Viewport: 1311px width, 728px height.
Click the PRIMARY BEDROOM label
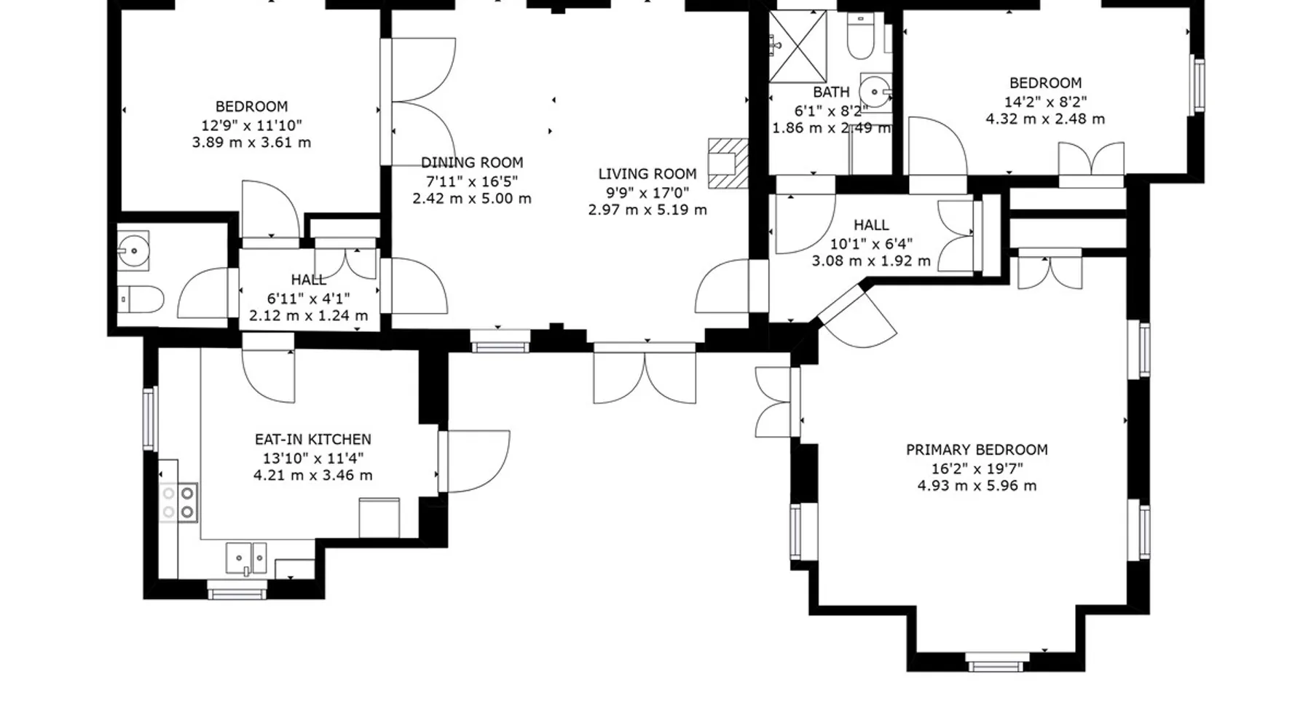tap(977, 450)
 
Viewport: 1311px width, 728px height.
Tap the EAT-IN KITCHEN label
tap(313, 440)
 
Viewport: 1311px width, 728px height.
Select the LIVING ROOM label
tap(647, 174)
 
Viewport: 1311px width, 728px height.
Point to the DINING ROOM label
tap(472, 162)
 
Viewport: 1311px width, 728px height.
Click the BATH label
tap(831, 92)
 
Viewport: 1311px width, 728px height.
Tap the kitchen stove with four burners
tap(178, 502)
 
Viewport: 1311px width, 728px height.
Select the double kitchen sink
tap(246, 559)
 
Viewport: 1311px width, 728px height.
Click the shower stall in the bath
tap(798, 46)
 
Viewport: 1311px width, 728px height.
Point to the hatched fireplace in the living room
tap(728, 164)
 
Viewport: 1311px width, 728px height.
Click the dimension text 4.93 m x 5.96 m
tap(977, 486)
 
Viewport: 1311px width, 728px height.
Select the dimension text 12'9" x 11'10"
tap(251, 125)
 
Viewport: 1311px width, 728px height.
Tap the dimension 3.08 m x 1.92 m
tap(871, 261)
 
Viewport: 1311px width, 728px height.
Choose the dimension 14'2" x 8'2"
tap(1045, 102)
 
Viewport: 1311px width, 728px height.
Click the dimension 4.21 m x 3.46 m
tap(313, 475)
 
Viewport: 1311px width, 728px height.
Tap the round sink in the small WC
tap(133, 251)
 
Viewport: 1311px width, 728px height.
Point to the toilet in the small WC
tap(141, 298)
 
